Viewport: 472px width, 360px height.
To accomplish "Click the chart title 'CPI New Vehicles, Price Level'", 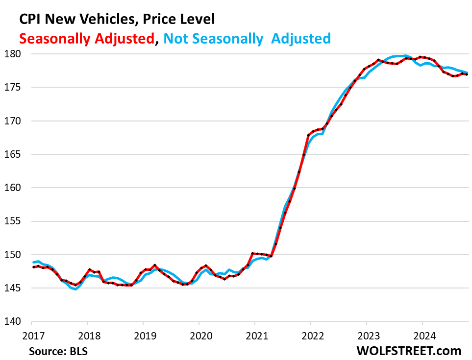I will click(117, 20).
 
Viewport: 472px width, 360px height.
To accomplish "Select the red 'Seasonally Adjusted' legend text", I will click(86, 38).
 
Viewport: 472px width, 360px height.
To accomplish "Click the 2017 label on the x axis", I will click(31, 337).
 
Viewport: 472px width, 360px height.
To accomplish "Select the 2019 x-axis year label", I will click(143, 337).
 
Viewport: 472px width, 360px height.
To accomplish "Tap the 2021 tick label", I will click(254, 337).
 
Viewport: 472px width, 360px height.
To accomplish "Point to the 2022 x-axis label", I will click(310, 337).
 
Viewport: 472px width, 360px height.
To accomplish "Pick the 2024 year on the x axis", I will click(422, 337).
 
